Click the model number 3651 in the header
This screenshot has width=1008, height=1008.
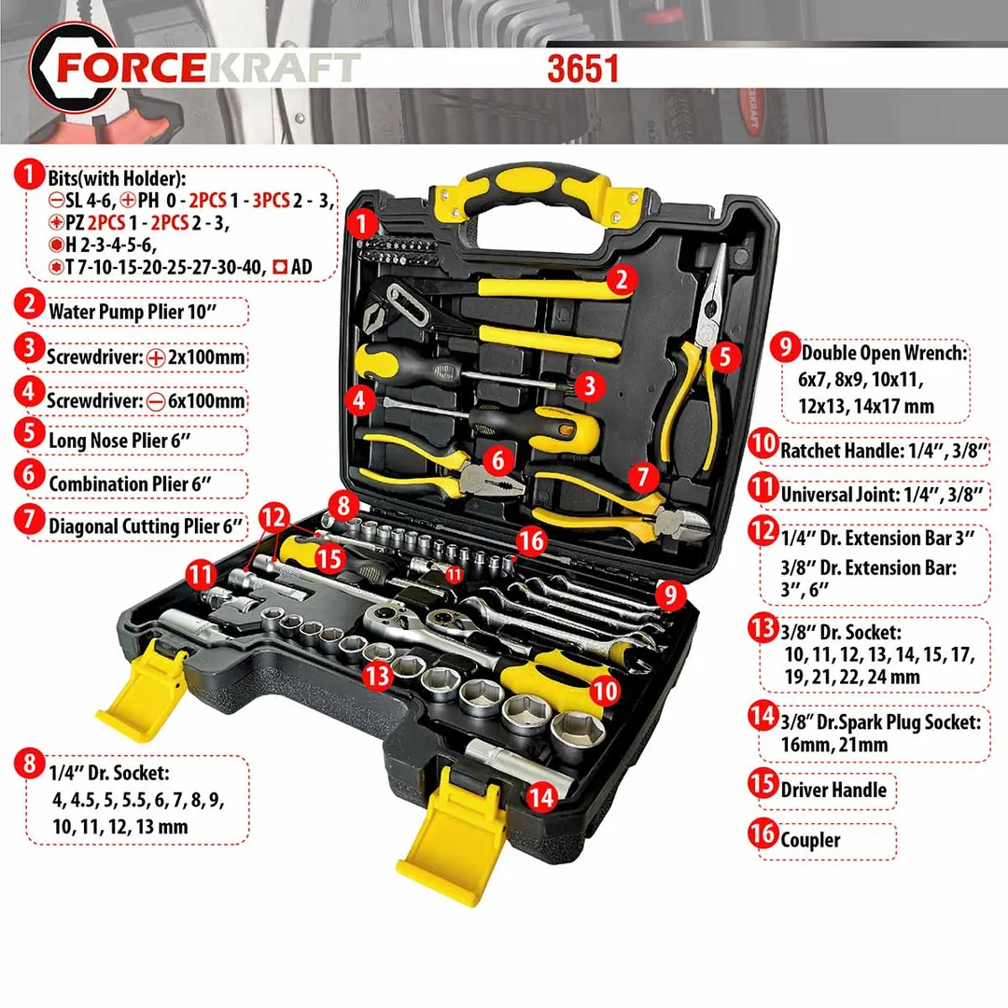click(582, 68)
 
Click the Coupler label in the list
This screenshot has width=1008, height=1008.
click(810, 840)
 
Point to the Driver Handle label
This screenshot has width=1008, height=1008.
click(833, 790)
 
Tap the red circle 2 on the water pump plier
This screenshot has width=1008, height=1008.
click(620, 277)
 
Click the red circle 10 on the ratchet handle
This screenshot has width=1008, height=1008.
click(605, 691)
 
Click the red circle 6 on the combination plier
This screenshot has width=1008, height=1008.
click(498, 459)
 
